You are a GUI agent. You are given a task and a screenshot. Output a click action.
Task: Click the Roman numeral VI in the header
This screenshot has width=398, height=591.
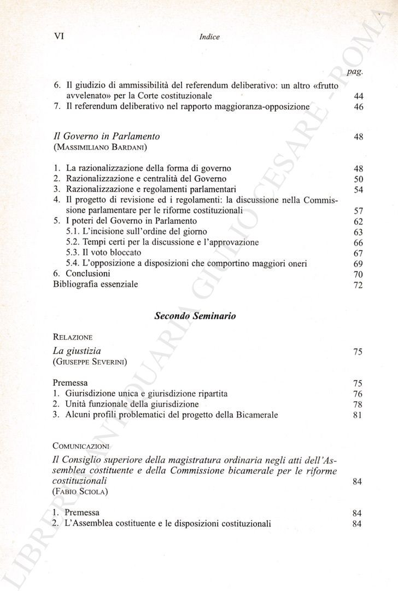tap(58, 36)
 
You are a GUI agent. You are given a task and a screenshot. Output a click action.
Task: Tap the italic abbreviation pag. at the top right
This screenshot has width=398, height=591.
tap(355, 72)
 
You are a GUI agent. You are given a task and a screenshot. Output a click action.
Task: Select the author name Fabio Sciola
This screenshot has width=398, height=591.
tap(80, 491)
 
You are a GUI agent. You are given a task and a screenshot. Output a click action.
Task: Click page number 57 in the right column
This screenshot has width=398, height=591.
tap(359, 211)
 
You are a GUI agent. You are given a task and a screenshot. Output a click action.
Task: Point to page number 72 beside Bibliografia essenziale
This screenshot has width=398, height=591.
tap(359, 285)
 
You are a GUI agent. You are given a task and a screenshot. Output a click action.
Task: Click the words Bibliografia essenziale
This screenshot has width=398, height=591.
tap(96, 284)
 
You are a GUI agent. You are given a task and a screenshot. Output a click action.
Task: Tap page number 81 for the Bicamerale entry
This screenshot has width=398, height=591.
tap(359, 415)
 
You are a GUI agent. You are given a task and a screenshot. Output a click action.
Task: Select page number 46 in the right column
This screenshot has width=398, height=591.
tap(359, 107)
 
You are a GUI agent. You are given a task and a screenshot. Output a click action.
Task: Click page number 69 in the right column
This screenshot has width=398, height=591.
tap(359, 264)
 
